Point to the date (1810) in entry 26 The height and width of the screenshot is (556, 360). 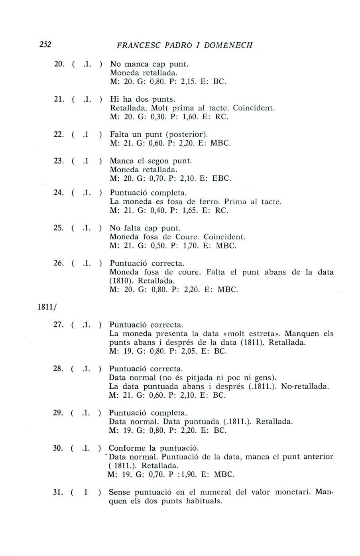point(121,281)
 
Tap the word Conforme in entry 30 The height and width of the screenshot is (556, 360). point(127,448)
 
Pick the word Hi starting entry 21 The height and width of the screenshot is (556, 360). point(114,99)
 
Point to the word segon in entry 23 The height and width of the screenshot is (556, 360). point(159,161)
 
